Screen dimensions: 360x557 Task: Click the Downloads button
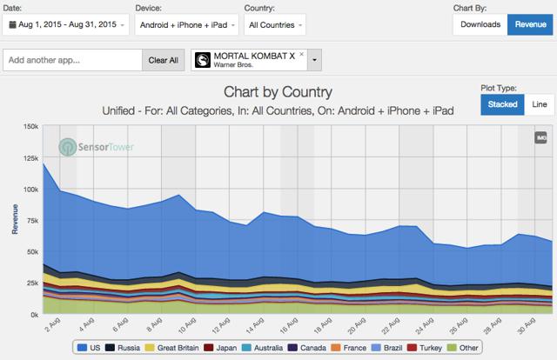480,24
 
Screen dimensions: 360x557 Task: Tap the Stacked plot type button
500,105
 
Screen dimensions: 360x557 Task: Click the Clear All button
163,60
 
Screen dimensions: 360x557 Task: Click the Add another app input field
73,60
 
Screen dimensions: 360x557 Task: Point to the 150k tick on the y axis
29,127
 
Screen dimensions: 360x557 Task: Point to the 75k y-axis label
30,221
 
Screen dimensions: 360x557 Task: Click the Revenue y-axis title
13,220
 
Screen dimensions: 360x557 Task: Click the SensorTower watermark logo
91,146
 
